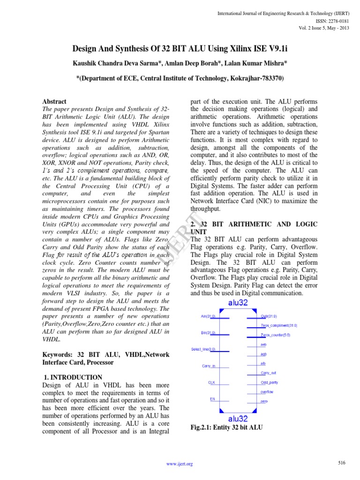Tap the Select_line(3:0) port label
coord(203,349)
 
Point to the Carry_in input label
coord(208,366)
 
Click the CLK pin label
coord(212,382)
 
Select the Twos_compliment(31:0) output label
coord(279,325)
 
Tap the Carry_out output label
coord(269,373)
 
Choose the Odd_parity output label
coord(269,382)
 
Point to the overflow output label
coord(267,392)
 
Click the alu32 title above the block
coord(238,302)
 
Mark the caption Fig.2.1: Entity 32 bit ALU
coord(226,427)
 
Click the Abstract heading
coord(54,101)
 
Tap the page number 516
coord(341,463)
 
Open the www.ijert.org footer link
coord(180,464)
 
